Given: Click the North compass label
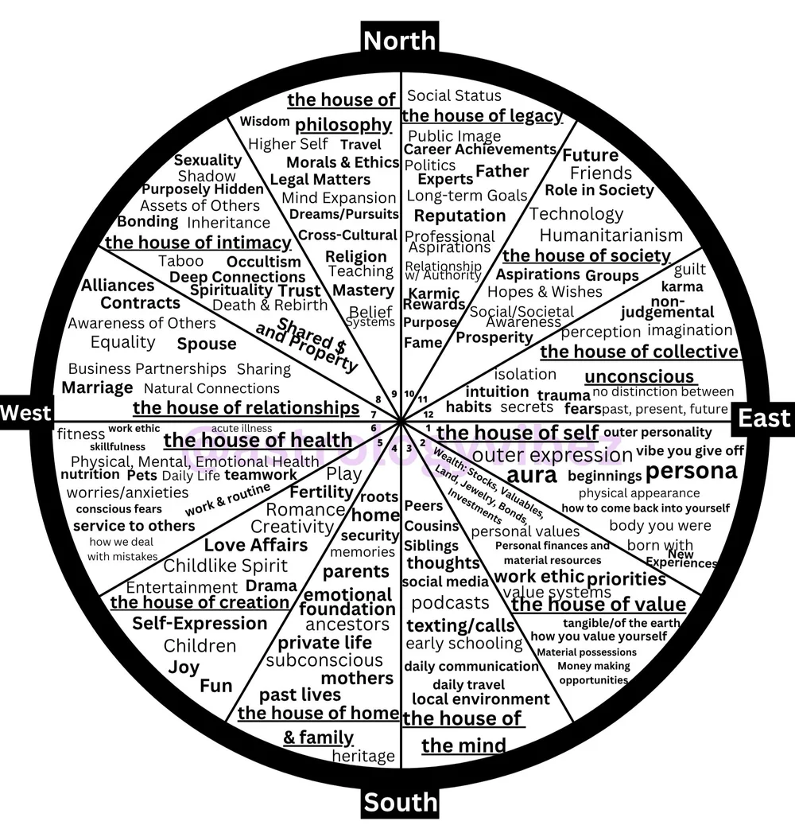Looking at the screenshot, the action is point(400,40).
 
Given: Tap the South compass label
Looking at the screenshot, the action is point(401,802).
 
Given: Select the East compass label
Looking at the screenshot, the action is point(764,418).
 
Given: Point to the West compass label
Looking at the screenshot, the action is point(25,412).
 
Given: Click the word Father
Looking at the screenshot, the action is point(502,171).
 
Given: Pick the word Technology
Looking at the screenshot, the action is point(576,214).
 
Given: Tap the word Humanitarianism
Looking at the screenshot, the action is point(611,235).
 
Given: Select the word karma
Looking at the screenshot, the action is point(682,286).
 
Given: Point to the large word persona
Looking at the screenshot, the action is point(691,471).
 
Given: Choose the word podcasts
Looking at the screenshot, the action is point(450,602).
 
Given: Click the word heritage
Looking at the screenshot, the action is point(363,756).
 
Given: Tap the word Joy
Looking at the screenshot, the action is point(184,667).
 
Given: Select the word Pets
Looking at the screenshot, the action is point(142,475).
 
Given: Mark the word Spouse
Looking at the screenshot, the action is point(206,344).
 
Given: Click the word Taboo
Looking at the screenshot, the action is point(180,262).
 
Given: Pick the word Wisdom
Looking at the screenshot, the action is point(264,122).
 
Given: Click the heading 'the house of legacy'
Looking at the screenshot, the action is point(482,116).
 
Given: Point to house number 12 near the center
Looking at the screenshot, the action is point(429,415).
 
